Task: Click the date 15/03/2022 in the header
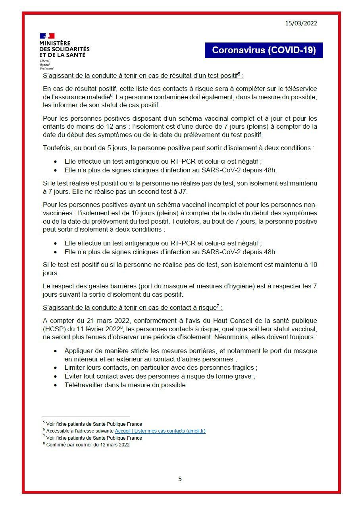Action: coord(301,23)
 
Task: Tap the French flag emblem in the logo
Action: coord(47,36)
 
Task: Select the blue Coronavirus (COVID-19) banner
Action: coord(264,50)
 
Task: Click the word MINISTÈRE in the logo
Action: coord(55,43)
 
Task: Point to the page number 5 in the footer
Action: coord(180,479)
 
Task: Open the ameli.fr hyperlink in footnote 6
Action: coord(160,431)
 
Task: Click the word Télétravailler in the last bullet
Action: coord(84,385)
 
